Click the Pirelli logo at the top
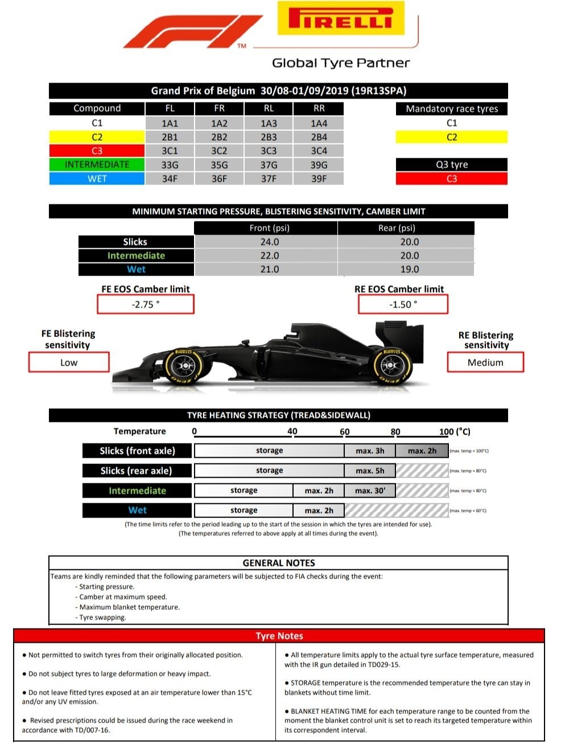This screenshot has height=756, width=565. coord(341,18)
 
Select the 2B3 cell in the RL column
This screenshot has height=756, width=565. coord(269,137)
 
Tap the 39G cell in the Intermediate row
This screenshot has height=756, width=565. coord(319,165)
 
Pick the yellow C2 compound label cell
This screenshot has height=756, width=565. coord(97,137)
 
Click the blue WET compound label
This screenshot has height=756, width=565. coord(97,179)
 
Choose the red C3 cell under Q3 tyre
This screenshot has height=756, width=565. coord(451,179)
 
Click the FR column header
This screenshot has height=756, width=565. coord(219,108)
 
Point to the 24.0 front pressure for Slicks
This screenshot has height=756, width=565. coord(269,242)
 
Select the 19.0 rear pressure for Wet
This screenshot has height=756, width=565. coord(409,269)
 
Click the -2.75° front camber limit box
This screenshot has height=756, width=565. coord(146,305)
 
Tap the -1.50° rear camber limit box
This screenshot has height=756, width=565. coord(403,305)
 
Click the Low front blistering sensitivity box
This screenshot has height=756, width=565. coord(69,363)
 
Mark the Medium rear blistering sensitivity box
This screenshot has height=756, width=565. coord(485,363)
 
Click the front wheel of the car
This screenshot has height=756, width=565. coord(183,366)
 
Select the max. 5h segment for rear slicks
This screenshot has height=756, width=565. coord(370,471)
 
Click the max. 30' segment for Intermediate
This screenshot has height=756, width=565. coord(370,491)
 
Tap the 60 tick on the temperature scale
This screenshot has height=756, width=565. coord(345,432)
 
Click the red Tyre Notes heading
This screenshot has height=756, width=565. coord(279,636)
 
